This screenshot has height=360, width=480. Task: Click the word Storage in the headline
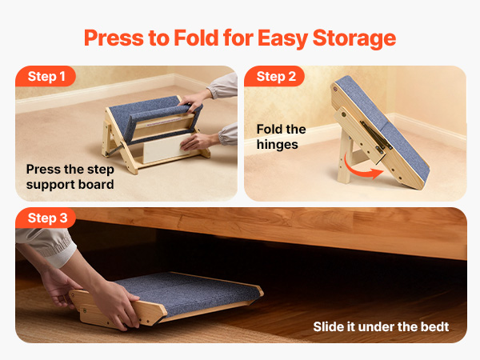pyautogui.click(x=354, y=38)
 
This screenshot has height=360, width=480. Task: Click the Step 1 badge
pyautogui.click(x=46, y=76)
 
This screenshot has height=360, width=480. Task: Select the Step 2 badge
pyautogui.click(x=274, y=76)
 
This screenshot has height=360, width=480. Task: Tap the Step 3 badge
pyautogui.click(x=46, y=218)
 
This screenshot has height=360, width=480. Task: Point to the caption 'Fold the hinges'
pyautogui.click(x=281, y=137)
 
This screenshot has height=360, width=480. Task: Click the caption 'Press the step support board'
pyautogui.click(x=70, y=177)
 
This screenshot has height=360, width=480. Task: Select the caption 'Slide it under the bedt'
pyautogui.click(x=381, y=326)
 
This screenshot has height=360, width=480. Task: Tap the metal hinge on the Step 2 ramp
pyautogui.click(x=376, y=136)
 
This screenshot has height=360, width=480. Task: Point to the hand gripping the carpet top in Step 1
pyautogui.click(x=192, y=100)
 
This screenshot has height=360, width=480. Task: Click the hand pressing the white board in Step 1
pyautogui.click(x=199, y=142)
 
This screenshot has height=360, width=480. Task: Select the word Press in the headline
pyautogui.click(x=114, y=38)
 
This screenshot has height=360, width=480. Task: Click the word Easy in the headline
pyautogui.click(x=282, y=38)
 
